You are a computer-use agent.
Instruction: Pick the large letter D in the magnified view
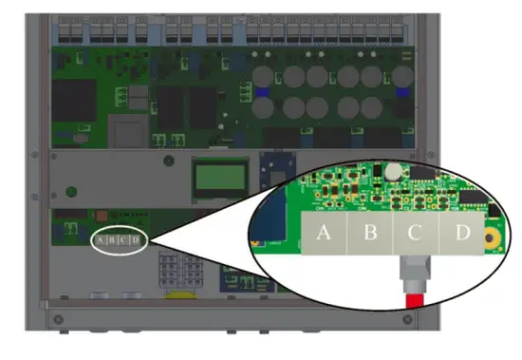[462, 233]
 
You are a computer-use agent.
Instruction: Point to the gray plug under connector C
[415, 273]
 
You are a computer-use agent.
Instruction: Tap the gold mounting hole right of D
[494, 237]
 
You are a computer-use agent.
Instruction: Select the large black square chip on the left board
[74, 99]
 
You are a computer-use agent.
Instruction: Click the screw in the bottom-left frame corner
[59, 316]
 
